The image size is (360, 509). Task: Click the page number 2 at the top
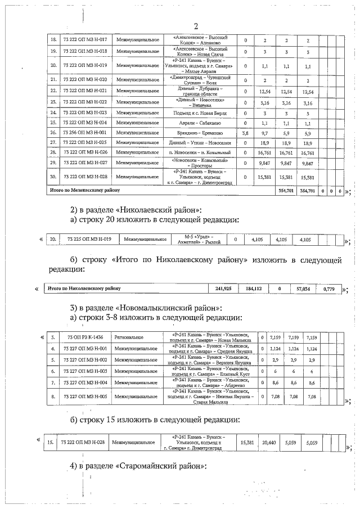click(196, 26)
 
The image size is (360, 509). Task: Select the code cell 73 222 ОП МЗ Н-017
click(87, 40)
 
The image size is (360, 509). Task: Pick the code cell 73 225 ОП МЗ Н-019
click(89, 240)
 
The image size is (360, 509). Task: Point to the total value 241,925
click(223, 289)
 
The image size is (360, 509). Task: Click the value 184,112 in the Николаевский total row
click(254, 289)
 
